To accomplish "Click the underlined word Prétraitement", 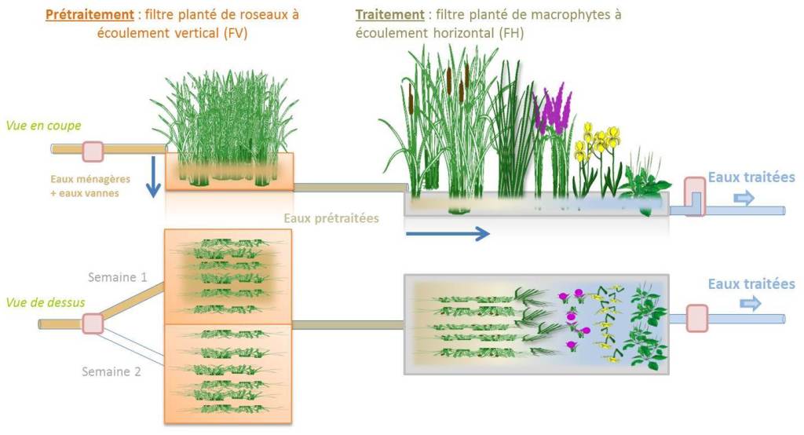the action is (x=90, y=14).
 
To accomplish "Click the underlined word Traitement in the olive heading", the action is (x=389, y=14).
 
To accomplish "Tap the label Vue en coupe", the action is (x=44, y=126).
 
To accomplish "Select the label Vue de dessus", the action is (x=45, y=302).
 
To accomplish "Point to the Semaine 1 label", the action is (x=118, y=277).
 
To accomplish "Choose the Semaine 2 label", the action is (x=111, y=371).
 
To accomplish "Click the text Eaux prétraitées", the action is (x=331, y=218).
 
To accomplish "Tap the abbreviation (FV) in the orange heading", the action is (x=236, y=33).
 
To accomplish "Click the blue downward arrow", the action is (x=153, y=177).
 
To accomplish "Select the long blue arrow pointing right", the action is (x=447, y=234).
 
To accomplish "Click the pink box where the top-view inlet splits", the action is (x=93, y=324).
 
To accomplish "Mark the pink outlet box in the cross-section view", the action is (x=695, y=196).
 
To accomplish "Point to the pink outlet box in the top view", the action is (x=697, y=318).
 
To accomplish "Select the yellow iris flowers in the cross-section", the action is (x=598, y=141).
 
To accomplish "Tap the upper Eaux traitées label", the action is (x=751, y=177).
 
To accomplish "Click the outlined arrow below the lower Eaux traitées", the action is (x=751, y=304).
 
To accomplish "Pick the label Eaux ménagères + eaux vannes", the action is (x=90, y=186).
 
